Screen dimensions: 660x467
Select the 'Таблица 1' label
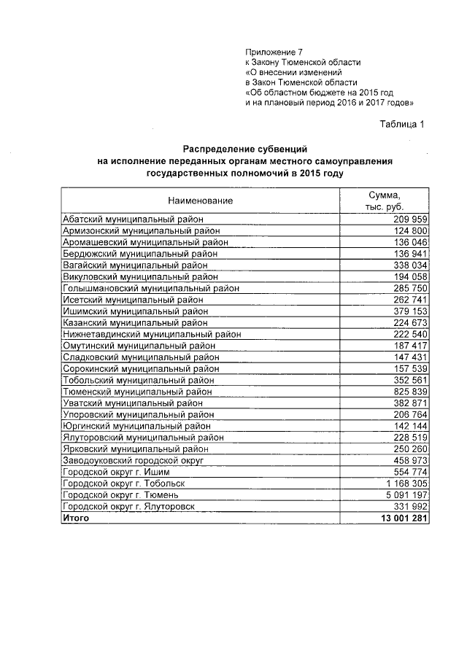401,123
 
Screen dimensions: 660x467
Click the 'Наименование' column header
200,200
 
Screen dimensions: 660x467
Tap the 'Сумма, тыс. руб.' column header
384,200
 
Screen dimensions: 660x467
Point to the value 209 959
409,220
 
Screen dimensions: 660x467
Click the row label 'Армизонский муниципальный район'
136,230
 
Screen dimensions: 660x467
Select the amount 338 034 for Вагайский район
409,265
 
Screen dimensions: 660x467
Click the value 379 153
409,311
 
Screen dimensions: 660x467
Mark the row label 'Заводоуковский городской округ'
132,461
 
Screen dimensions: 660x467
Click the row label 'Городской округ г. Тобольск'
124,484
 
